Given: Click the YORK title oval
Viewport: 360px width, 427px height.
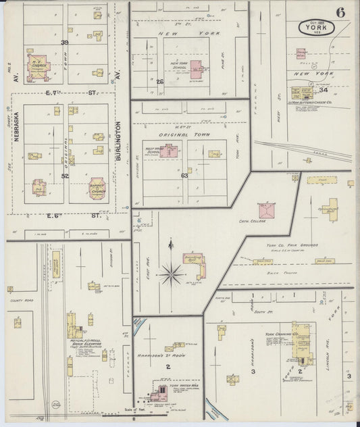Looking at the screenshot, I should pyautogui.click(x=317, y=28).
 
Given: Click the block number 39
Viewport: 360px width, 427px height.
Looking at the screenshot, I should pyautogui.click(x=65, y=43).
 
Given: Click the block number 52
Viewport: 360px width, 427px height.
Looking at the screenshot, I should pyautogui.click(x=65, y=176).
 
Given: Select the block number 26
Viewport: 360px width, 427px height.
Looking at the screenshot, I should pyautogui.click(x=160, y=82).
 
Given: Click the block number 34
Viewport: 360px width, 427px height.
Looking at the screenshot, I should pyautogui.click(x=324, y=89).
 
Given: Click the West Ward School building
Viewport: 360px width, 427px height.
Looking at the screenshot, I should pyautogui.click(x=172, y=151).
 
